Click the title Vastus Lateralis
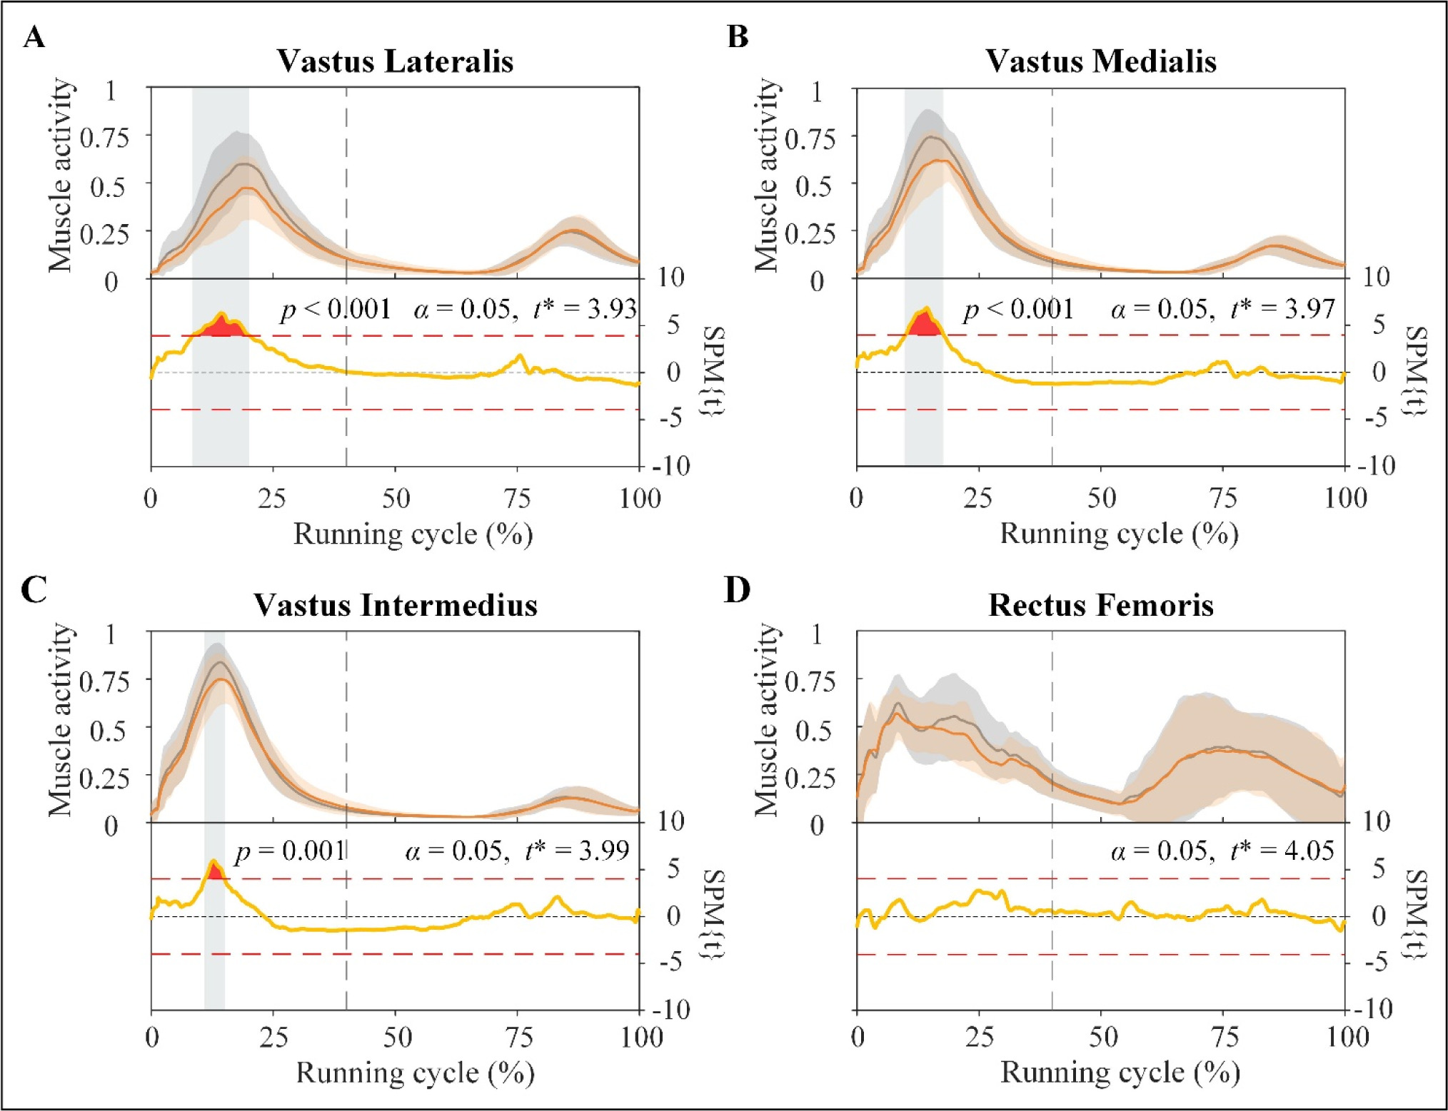(x=395, y=61)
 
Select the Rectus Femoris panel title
(x=1100, y=605)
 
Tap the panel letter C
(x=34, y=590)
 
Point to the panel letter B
(x=738, y=36)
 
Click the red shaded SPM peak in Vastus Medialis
(x=925, y=325)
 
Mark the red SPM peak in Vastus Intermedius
(x=215, y=871)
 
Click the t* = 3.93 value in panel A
(x=585, y=309)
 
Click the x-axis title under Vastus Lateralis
(x=413, y=534)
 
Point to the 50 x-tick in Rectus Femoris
(x=1102, y=1037)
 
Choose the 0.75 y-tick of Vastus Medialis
(x=810, y=138)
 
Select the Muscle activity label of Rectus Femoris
(x=766, y=719)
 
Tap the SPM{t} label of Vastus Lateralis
(x=715, y=371)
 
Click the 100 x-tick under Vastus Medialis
(x=1345, y=498)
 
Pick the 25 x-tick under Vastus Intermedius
(x=273, y=1038)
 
